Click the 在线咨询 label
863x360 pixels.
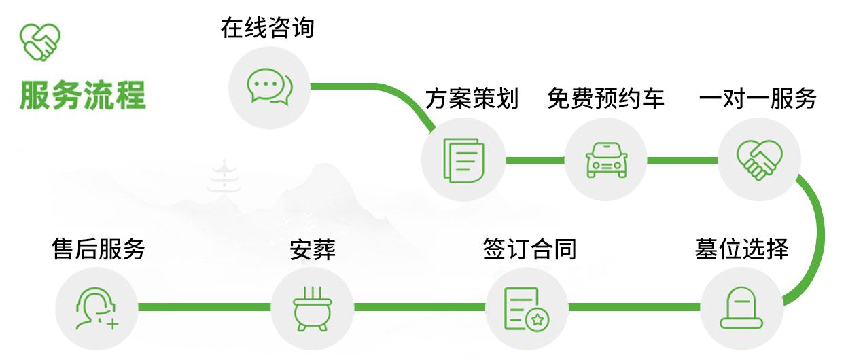pos(267,29)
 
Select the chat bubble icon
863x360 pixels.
pos(269,87)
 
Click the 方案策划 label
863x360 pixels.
pos(472,98)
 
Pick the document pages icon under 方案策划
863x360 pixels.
pos(463,160)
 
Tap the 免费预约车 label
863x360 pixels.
pos(605,98)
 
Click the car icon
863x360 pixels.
pos(606,160)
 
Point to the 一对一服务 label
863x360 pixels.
pos(758,98)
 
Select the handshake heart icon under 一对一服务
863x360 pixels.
pos(760,160)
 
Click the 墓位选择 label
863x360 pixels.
pos(741,249)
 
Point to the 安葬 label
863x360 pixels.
pos(313,249)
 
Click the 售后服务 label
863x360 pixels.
pos(99,249)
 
